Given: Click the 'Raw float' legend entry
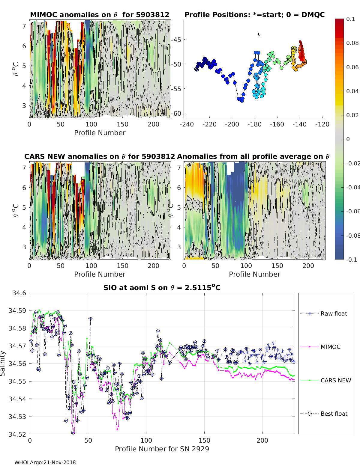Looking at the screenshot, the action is click(x=324, y=313).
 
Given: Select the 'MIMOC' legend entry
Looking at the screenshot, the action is click(x=320, y=347).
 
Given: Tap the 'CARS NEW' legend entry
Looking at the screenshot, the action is click(x=325, y=380).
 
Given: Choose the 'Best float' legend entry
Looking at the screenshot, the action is click(x=324, y=414).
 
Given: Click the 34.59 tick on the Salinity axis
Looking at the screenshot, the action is click(x=17, y=311).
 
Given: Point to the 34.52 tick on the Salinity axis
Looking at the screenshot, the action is click(x=17, y=434).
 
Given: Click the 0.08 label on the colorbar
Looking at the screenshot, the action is click(x=352, y=43).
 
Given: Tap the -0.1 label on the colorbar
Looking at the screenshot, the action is click(x=351, y=260).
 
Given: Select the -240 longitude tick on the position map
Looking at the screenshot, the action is click(x=187, y=124).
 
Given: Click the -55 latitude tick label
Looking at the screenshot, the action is click(x=176, y=89).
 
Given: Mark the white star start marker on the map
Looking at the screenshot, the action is click(x=196, y=69).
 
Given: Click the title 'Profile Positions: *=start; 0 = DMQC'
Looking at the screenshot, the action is click(x=255, y=15).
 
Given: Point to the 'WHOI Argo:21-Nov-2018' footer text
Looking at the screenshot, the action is click(x=45, y=462).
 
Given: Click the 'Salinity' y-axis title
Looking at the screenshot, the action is click(x=3, y=364).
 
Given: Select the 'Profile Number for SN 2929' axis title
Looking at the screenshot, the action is click(x=162, y=449).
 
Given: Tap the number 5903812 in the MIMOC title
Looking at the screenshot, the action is click(x=153, y=15).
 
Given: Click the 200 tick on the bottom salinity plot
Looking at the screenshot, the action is click(x=262, y=441).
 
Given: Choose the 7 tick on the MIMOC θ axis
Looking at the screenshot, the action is click(x=24, y=26).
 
